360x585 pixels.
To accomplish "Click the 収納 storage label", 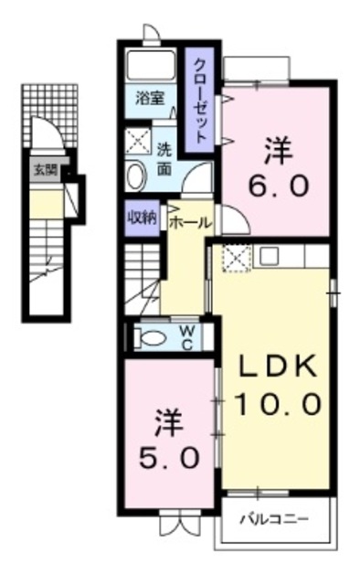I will tap(141, 218).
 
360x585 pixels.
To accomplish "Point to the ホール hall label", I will tap(190, 221).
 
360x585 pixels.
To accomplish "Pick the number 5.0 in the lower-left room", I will tap(171, 458).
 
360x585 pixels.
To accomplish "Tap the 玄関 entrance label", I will tap(44, 170).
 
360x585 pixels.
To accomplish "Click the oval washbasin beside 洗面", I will tap(134, 175).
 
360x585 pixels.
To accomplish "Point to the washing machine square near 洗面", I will tap(140, 142).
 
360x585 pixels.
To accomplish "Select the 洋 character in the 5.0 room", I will tap(170, 422).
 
